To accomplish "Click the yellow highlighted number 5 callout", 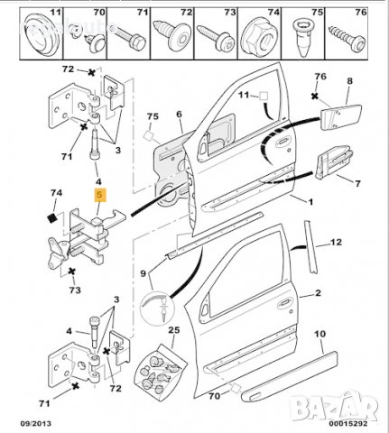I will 100,193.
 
